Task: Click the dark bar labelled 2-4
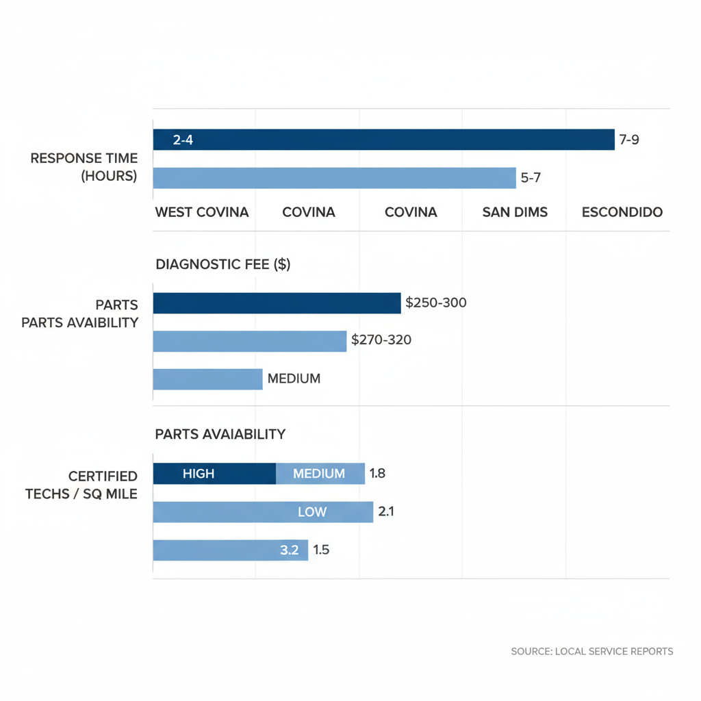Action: tap(383, 140)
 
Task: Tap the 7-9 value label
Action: tap(629, 140)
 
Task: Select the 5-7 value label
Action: tap(531, 178)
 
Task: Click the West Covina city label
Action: tap(202, 212)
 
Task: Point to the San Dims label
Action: tap(515, 212)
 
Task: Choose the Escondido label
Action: tap(622, 212)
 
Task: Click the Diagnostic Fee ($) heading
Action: tap(223, 264)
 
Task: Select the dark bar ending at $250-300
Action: tap(277, 303)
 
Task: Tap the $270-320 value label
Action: tap(381, 339)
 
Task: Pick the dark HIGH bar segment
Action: tap(214, 474)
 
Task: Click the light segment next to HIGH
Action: tap(320, 474)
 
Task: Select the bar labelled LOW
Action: tap(263, 512)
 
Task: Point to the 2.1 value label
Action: tap(386, 511)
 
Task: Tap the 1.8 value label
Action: tap(378, 473)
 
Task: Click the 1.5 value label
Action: tap(321, 550)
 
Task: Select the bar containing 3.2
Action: tap(230, 550)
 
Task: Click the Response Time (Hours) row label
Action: tap(84, 167)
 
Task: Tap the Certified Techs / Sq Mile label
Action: tap(81, 485)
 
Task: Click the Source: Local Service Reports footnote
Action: tap(592, 651)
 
